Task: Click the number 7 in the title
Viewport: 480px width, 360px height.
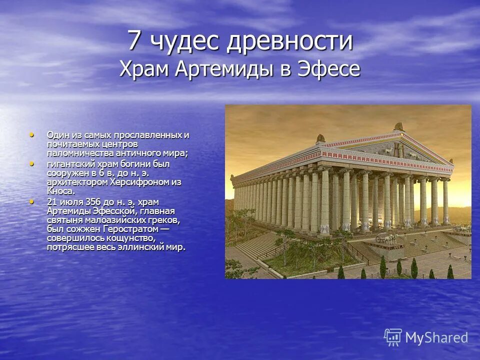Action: pyautogui.click(x=133, y=41)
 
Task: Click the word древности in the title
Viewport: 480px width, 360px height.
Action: pyautogui.click(x=290, y=41)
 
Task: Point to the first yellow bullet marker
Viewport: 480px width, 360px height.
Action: pyautogui.click(x=33, y=134)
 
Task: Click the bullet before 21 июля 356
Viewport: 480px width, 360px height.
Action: pyautogui.click(x=33, y=201)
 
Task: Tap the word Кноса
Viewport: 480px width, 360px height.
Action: pyautogui.click(x=61, y=191)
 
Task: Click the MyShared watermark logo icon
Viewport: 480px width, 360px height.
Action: pyautogui.click(x=393, y=337)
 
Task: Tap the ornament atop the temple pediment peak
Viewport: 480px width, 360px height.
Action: pyautogui.click(x=398, y=126)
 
